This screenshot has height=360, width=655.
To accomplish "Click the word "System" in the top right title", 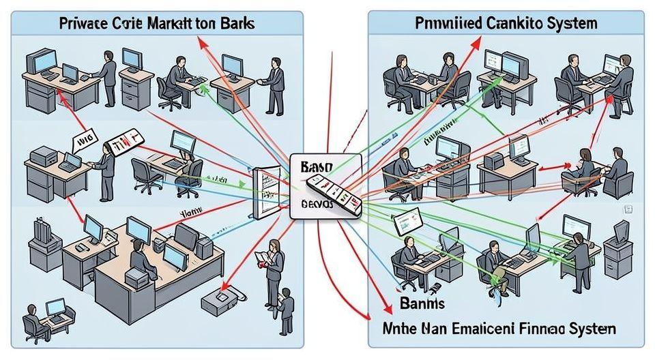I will coord(572,23).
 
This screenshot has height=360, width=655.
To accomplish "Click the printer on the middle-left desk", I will coord(42,156).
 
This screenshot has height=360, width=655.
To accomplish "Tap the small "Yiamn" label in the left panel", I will coord(189,212).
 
